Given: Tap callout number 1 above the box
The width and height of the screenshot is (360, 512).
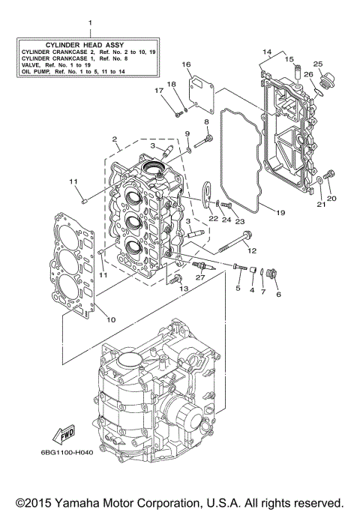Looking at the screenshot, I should (x=90, y=23).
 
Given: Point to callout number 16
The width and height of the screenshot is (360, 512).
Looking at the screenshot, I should (x=186, y=65).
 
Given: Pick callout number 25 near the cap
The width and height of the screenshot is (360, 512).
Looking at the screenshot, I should (x=318, y=64).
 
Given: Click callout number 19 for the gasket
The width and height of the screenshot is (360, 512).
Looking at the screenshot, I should (x=280, y=213).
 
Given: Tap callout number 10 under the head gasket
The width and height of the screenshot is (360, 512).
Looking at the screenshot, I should (x=111, y=320).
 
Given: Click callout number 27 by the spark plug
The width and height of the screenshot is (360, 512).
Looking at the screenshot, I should (x=200, y=278).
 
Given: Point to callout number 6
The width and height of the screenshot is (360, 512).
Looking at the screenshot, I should (x=278, y=294).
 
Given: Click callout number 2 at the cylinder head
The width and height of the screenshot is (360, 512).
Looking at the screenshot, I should (x=114, y=139).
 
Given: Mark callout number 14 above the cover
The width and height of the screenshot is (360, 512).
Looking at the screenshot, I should (x=266, y=52).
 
